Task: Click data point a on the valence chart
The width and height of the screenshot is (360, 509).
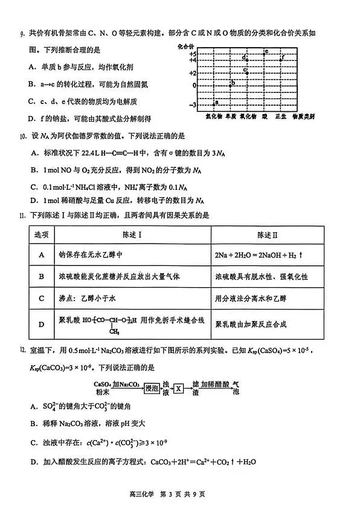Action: (216, 103)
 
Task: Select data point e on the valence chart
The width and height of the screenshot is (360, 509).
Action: (265, 51)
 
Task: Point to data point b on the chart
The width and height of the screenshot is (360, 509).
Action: (232, 83)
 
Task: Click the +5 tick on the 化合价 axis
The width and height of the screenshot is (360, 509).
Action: (193, 54)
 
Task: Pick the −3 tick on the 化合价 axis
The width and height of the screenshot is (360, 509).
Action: (193, 106)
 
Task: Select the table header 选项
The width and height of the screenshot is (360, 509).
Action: (41, 234)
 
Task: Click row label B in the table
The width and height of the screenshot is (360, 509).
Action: (41, 276)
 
